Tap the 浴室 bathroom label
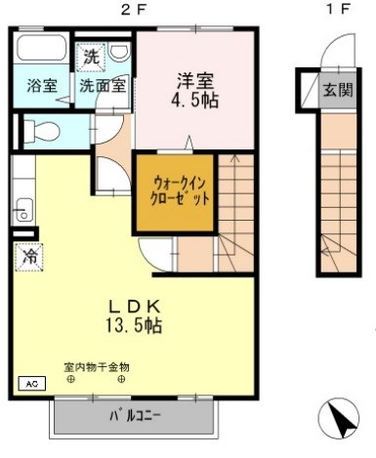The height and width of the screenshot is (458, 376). (41, 85)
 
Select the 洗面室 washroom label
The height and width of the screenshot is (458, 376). (103, 85)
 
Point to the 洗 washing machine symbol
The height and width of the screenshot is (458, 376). (90, 56)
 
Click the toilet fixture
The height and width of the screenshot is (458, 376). (43, 130)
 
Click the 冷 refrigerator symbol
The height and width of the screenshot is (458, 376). (26, 258)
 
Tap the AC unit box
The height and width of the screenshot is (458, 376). (28, 384)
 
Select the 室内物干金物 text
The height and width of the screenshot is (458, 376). (97, 367)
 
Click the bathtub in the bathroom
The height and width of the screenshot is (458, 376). (41, 54)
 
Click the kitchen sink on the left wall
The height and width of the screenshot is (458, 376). (23, 208)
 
